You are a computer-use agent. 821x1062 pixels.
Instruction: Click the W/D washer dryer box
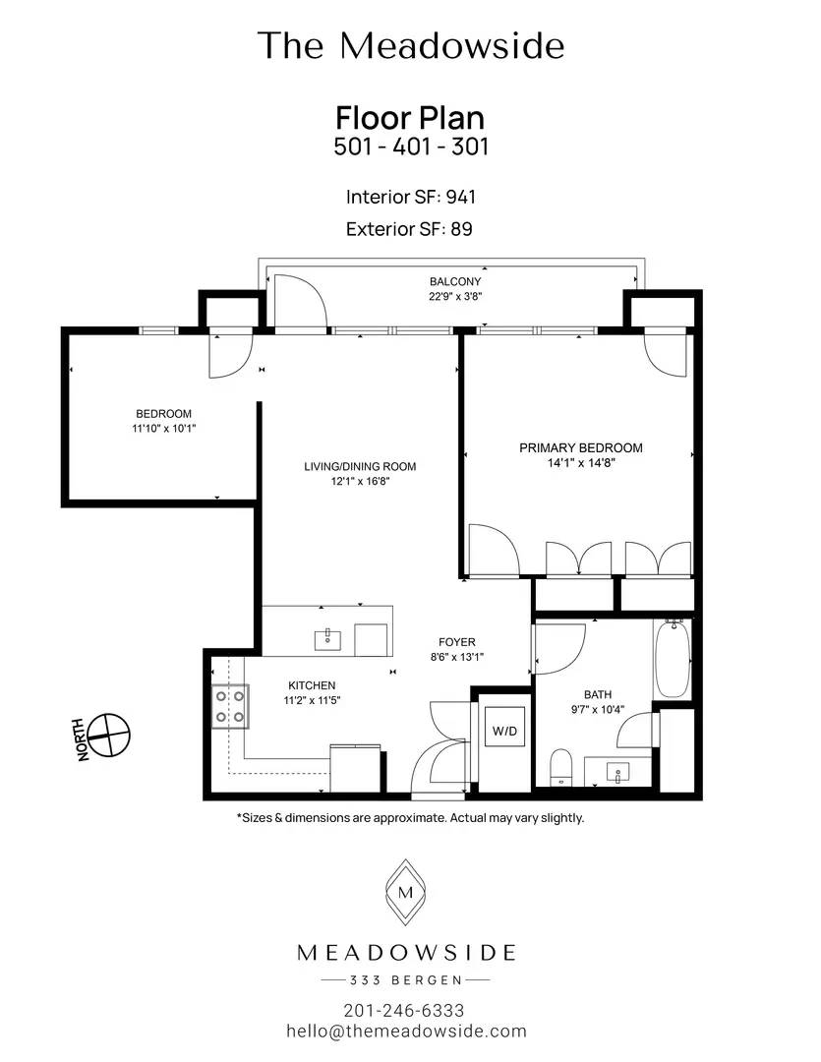tap(504, 731)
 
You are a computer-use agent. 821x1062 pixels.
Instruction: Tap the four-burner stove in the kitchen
tap(230, 706)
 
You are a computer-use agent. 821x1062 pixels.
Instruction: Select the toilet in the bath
tap(560, 767)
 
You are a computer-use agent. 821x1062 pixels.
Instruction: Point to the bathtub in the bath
tap(672, 658)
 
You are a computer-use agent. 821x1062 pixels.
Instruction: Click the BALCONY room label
tap(455, 281)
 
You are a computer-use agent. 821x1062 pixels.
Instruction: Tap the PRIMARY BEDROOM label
tap(580, 447)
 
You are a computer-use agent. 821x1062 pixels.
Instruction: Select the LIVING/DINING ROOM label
tap(360, 466)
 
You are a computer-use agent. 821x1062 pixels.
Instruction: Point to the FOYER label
tap(456, 641)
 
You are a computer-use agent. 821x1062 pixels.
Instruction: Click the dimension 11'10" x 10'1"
tap(164, 428)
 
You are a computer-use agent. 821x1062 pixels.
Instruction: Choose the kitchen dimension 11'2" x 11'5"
tap(312, 700)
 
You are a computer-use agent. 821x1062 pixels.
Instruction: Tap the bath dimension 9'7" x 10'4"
tap(598, 709)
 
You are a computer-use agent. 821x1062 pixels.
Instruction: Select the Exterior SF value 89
tap(461, 229)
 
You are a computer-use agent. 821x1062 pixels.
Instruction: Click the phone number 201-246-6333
tap(404, 1011)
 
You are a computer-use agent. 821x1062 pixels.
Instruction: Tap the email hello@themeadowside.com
tap(406, 1032)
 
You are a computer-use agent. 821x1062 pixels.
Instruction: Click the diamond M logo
tap(405, 892)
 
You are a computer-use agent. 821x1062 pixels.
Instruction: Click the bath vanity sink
tap(617, 772)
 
